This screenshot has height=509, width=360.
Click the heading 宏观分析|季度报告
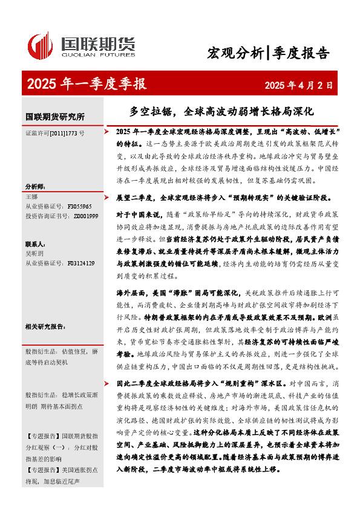[268, 53]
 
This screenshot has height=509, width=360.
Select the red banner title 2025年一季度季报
[87, 84]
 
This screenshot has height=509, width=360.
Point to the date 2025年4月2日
[299, 85]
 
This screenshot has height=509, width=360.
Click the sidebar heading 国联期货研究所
[55, 116]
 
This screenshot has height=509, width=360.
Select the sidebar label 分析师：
[35, 186]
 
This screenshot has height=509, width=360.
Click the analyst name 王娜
[31, 197]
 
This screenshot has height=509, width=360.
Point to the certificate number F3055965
[80, 206]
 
